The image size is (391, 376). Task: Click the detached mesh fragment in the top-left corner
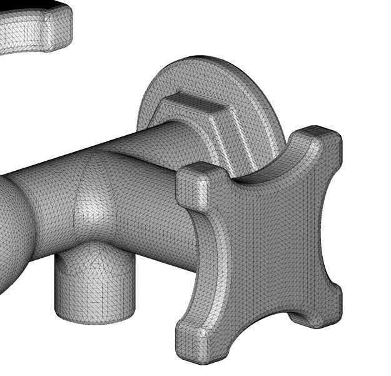[31, 31]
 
